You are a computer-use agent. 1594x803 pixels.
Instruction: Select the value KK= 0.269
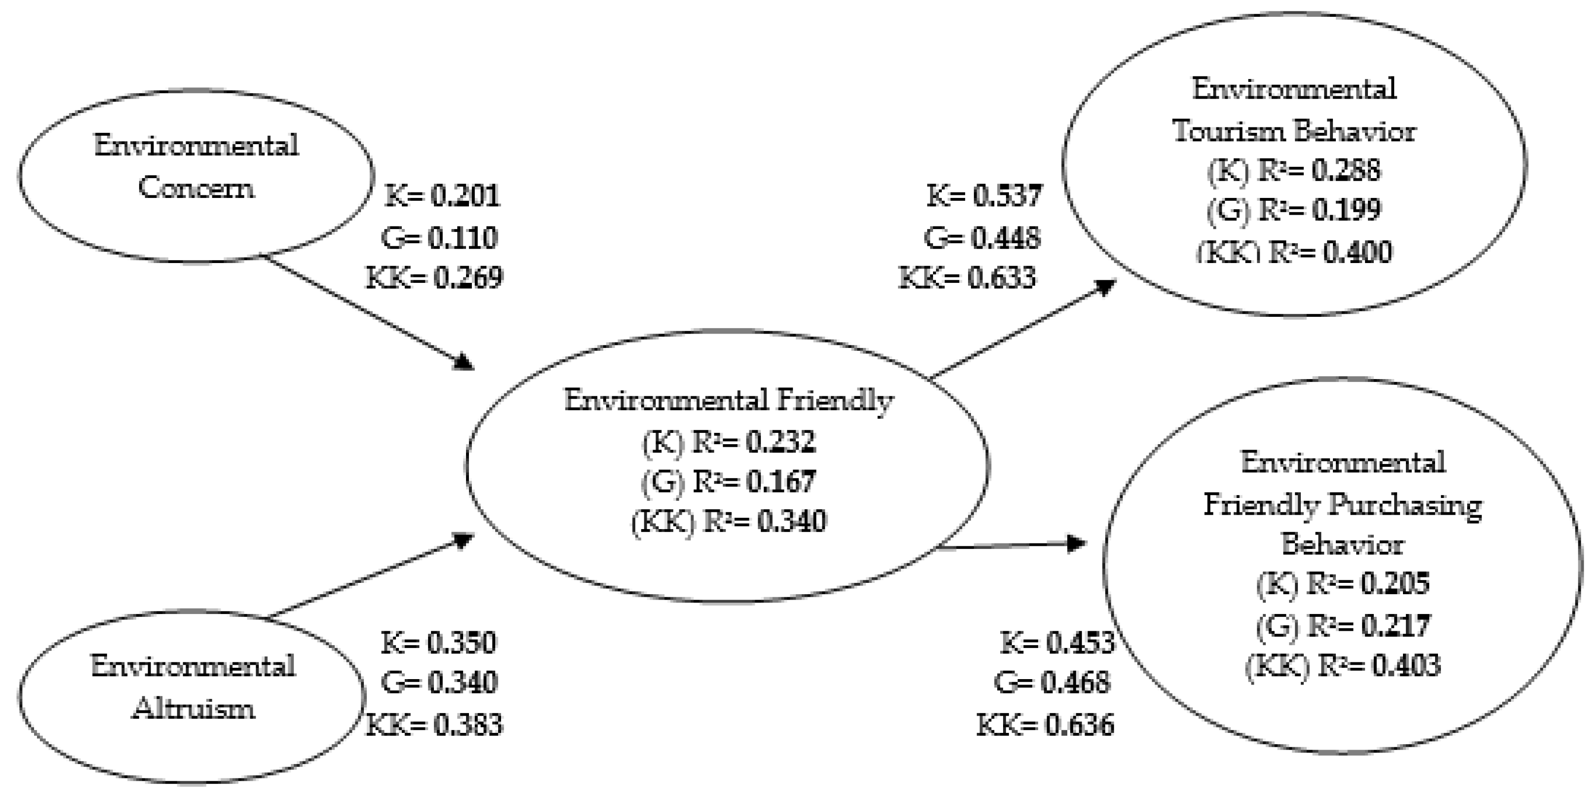(434, 278)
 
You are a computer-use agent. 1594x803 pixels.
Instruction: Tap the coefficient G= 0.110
(439, 237)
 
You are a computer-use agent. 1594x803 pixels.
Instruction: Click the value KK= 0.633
(967, 278)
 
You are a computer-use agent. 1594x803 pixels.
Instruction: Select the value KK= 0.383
(434, 725)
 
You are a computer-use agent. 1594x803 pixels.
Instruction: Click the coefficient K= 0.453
(1057, 643)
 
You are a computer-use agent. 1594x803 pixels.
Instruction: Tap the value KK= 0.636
(1045, 725)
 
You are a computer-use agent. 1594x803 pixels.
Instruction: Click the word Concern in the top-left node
(196, 187)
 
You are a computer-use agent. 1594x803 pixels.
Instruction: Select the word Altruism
(193, 708)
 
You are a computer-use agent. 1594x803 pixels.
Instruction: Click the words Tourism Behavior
(1294, 131)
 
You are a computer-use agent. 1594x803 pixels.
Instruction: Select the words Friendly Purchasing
(1343, 505)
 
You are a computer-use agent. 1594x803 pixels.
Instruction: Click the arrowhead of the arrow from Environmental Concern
(464, 362)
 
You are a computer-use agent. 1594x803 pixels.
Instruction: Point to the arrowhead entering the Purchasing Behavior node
(1078, 544)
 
